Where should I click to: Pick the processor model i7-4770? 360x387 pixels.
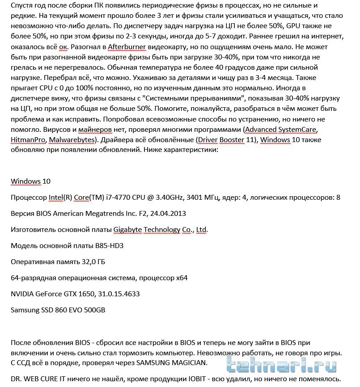click(x=128, y=197)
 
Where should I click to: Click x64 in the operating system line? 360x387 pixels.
click(x=182, y=278)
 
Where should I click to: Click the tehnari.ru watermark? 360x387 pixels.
click(x=286, y=366)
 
